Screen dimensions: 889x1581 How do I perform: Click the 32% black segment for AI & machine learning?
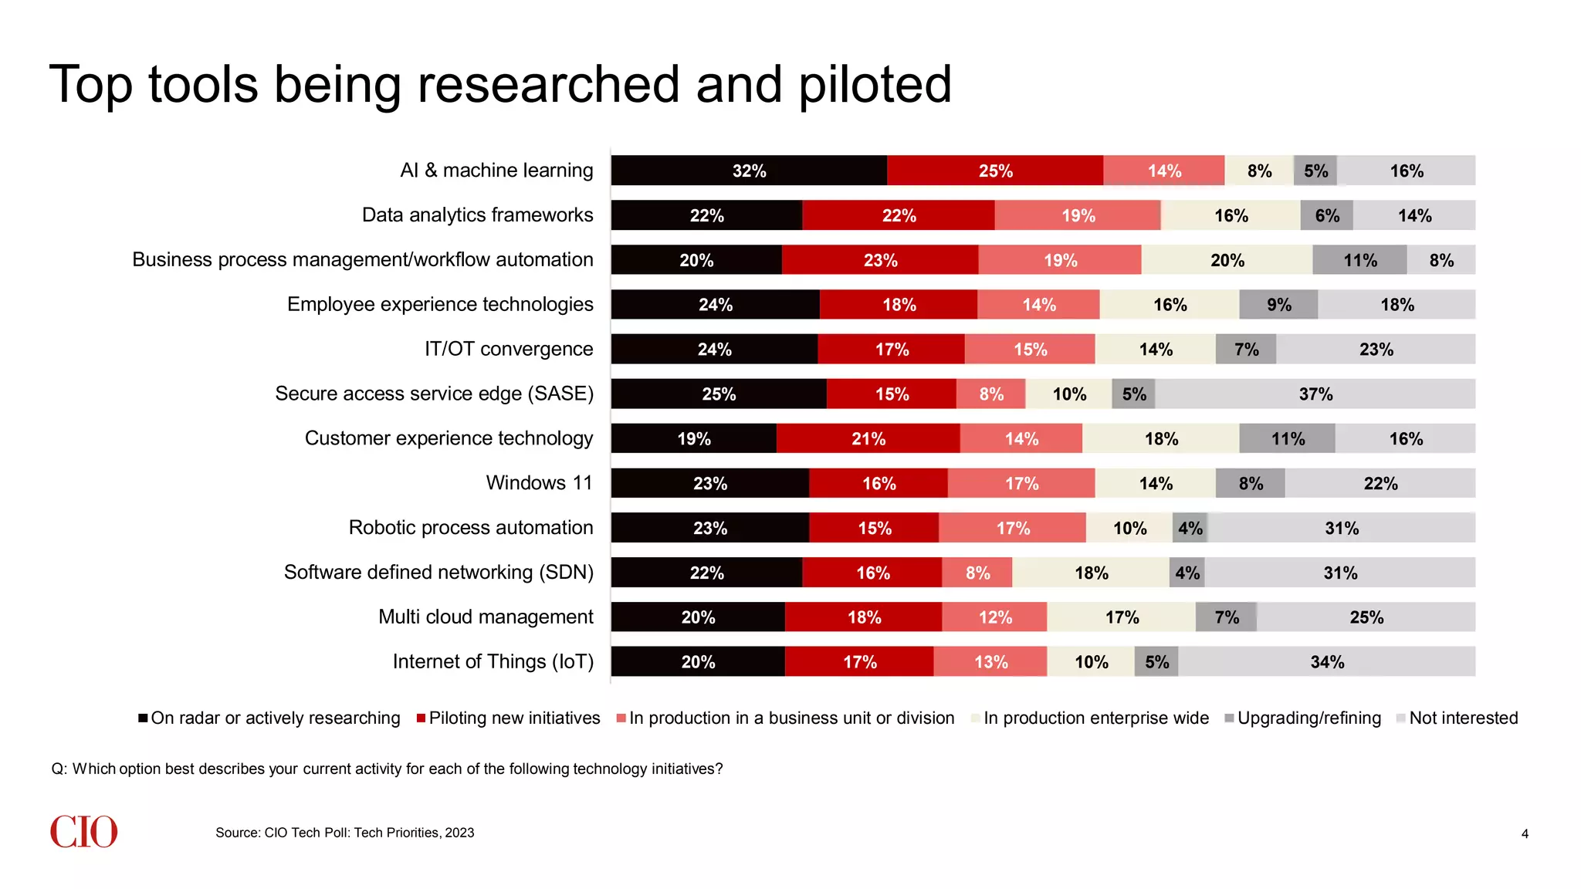click(749, 171)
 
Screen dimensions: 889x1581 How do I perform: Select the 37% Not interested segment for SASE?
click(1315, 394)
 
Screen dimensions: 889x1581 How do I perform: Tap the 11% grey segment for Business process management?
click(1359, 260)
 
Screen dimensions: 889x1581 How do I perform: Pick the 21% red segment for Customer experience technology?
click(868, 439)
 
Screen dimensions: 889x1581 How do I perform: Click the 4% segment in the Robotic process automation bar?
click(1190, 529)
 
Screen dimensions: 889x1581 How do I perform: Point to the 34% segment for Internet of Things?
click(1327, 662)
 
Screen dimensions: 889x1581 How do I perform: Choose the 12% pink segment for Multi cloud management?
click(994, 617)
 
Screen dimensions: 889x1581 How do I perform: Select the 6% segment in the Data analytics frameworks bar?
click(1326, 216)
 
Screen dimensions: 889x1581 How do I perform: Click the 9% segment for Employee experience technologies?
click(1278, 305)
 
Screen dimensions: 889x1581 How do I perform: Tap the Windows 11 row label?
click(539, 483)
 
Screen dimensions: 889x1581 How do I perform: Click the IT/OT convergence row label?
click(509, 349)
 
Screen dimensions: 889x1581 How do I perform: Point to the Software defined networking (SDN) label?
click(438, 573)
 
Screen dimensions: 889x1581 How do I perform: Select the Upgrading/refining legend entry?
click(1308, 718)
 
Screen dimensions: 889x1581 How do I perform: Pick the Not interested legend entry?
click(1463, 718)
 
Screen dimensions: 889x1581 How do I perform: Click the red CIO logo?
click(83, 832)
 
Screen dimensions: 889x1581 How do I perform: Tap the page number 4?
click(1525, 834)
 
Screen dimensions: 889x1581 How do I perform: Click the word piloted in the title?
click(875, 85)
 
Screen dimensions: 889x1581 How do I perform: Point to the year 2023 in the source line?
click(460, 833)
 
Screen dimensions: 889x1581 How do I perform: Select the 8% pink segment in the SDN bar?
click(977, 573)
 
